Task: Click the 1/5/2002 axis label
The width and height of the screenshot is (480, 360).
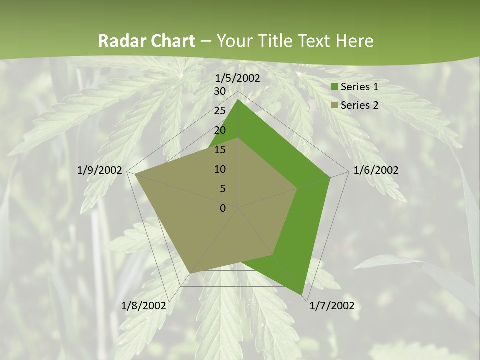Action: (x=238, y=78)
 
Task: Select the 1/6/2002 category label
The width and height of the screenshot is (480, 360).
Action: (x=376, y=170)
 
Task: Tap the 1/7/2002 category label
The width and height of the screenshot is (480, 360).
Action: (x=332, y=305)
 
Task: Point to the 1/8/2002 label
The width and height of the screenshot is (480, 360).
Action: (x=144, y=305)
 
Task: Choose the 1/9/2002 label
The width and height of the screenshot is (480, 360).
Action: (x=100, y=170)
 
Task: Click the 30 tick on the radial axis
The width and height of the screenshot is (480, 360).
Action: (x=220, y=91)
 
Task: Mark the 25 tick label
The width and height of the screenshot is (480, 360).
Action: (x=220, y=111)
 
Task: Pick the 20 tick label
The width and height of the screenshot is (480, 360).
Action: (x=220, y=130)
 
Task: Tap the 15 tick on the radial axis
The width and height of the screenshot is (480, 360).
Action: (x=220, y=150)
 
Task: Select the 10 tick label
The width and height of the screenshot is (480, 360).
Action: (x=220, y=169)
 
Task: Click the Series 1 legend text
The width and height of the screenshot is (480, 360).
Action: (x=359, y=87)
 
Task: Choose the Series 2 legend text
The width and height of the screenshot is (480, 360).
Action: (x=359, y=105)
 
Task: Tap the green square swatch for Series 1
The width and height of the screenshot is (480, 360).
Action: (x=335, y=87)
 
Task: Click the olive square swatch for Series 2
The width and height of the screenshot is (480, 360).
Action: (x=335, y=105)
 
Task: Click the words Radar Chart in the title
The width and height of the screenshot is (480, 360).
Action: (x=146, y=41)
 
